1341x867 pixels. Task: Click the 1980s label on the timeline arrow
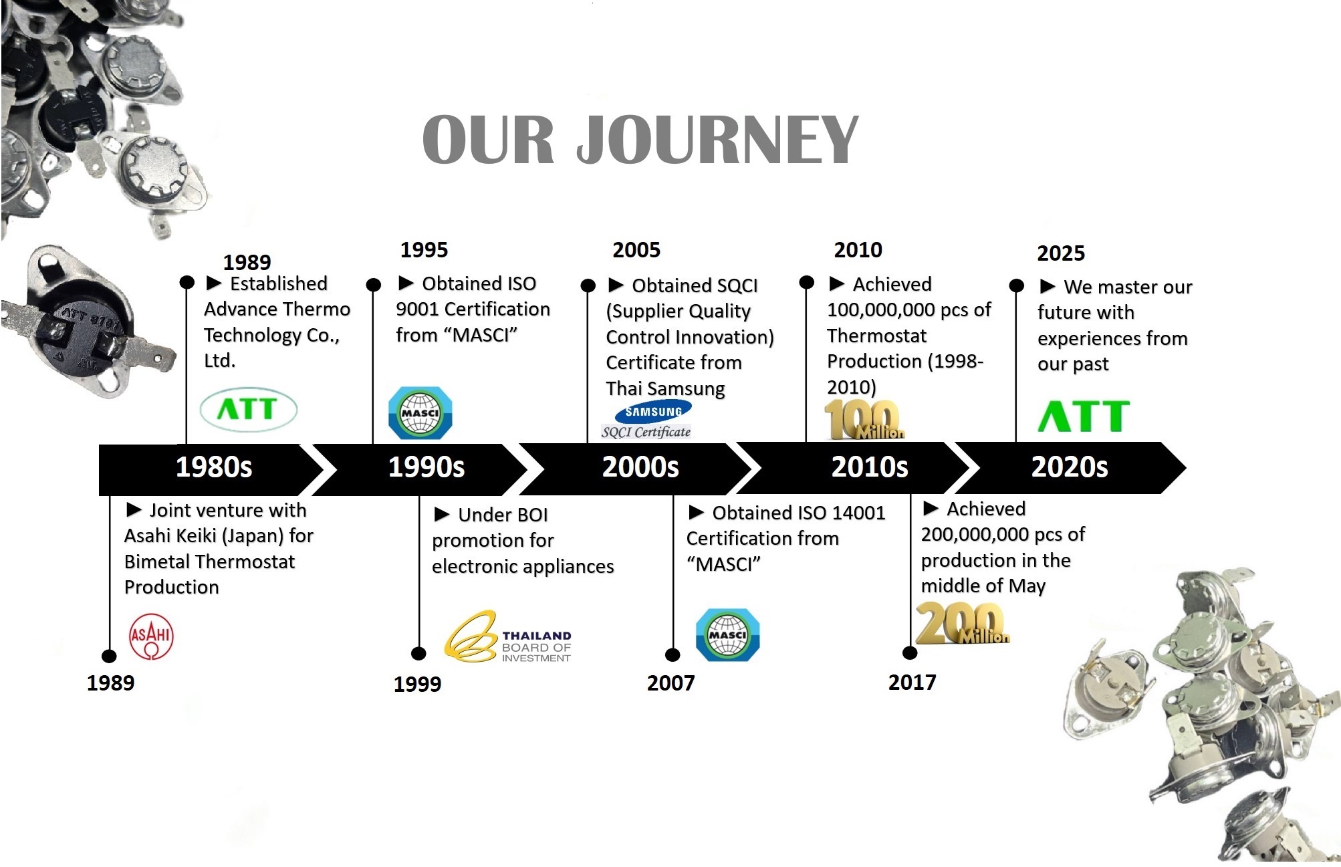coord(214,467)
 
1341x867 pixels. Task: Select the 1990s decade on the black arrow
coord(426,467)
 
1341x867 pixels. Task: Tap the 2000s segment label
coord(640,467)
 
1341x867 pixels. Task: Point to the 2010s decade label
coord(870,467)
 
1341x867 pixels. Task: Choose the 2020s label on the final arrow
coord(1070,467)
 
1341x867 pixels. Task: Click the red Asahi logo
coord(151,636)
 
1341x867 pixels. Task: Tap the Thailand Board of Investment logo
coord(508,636)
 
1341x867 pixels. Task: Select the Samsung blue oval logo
coord(653,410)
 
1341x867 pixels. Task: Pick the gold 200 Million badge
coord(961,623)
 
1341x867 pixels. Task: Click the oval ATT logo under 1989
coord(249,409)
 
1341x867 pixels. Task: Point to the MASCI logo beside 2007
coord(727,635)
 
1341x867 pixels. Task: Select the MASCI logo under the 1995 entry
coord(420,413)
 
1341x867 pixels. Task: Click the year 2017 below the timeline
coord(912,682)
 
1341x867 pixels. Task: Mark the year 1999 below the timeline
coord(417,684)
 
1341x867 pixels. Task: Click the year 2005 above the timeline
coord(636,250)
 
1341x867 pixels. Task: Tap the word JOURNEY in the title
coord(717,139)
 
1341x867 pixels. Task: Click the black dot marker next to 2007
coord(673,655)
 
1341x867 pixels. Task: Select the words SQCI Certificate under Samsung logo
coord(646,432)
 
